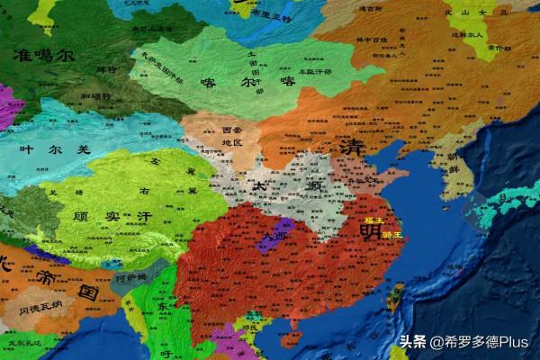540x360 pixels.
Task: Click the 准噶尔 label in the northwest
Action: point(43,56)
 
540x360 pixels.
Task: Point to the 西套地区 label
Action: point(232,137)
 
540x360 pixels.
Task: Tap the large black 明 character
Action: point(370,231)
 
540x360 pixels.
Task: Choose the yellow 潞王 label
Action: point(392,235)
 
